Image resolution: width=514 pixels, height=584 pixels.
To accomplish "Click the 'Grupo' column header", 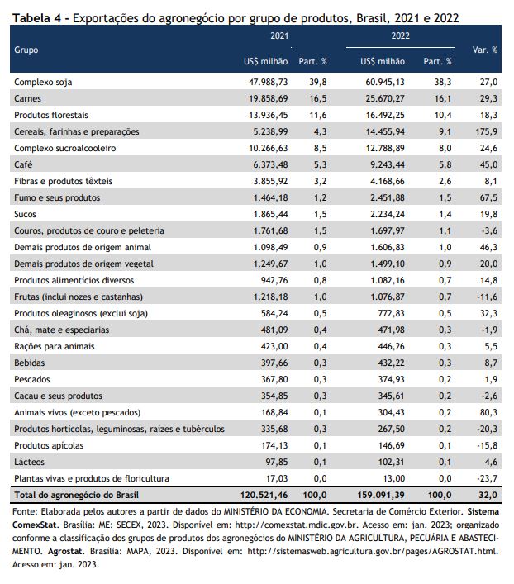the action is point(26,50).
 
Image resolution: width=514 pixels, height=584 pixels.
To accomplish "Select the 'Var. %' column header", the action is point(484,50).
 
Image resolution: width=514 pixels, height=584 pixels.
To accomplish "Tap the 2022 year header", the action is point(400,36).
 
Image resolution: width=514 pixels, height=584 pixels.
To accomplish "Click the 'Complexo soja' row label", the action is point(43,83).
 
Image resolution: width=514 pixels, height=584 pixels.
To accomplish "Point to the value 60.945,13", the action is point(384,83).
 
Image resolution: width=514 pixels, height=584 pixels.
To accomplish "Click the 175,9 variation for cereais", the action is point(487,132).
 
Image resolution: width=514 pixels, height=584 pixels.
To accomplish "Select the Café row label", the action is point(23,164).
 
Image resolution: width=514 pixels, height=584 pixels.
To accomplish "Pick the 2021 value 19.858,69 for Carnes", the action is point(269,98).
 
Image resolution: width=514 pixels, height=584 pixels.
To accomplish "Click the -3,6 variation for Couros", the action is point(489,231).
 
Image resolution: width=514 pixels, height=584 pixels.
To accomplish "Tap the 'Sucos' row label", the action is point(25,214).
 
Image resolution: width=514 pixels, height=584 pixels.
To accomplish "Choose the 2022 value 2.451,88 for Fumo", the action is point(388,197).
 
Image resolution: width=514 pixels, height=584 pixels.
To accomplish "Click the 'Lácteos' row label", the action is point(29,463).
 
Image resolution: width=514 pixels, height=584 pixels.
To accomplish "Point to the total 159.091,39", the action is point(381,496).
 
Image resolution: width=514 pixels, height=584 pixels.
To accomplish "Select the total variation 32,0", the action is point(488,496).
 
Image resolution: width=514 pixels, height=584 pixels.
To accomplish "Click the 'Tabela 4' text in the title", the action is point(36,18).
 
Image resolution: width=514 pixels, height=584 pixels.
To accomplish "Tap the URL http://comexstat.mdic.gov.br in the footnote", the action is point(297,525).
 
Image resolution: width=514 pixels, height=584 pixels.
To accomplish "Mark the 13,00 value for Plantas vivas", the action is point(394,478).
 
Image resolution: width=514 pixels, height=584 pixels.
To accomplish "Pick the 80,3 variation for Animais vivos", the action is point(488,413).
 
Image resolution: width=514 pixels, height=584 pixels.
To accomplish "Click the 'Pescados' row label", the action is point(32,379).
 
